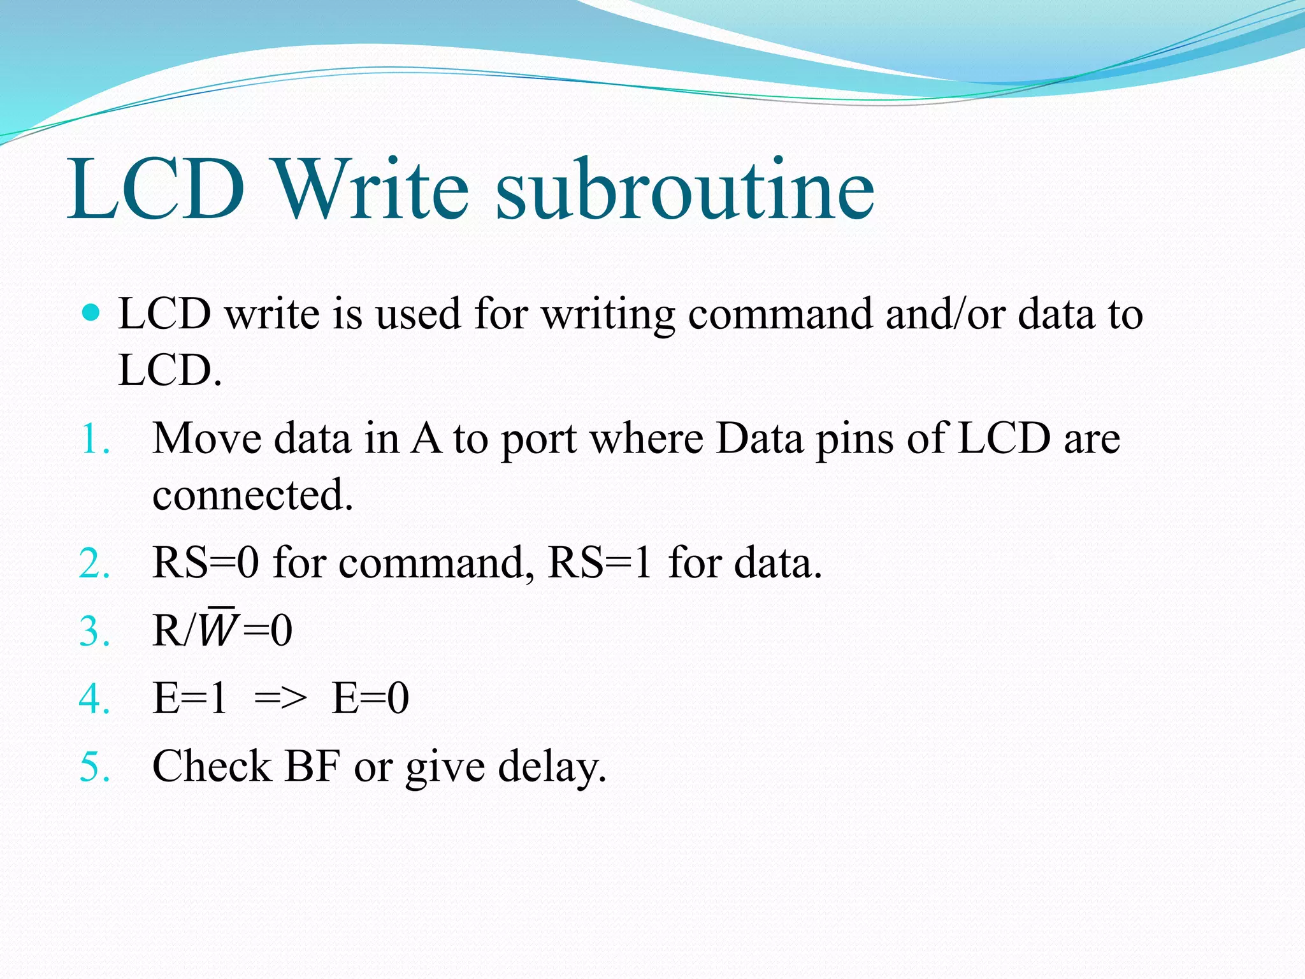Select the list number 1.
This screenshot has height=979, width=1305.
(94, 440)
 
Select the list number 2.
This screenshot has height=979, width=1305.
(94, 564)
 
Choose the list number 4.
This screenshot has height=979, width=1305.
(94, 699)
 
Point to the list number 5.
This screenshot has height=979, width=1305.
(94, 767)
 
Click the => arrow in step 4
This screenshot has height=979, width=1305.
(280, 699)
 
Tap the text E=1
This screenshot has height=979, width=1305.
(190, 699)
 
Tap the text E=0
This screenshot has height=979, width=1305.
(370, 699)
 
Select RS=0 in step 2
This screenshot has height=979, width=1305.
(206, 563)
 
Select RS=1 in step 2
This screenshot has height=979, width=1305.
(600, 563)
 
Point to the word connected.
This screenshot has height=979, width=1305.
(252, 495)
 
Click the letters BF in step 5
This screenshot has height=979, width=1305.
(312, 766)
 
